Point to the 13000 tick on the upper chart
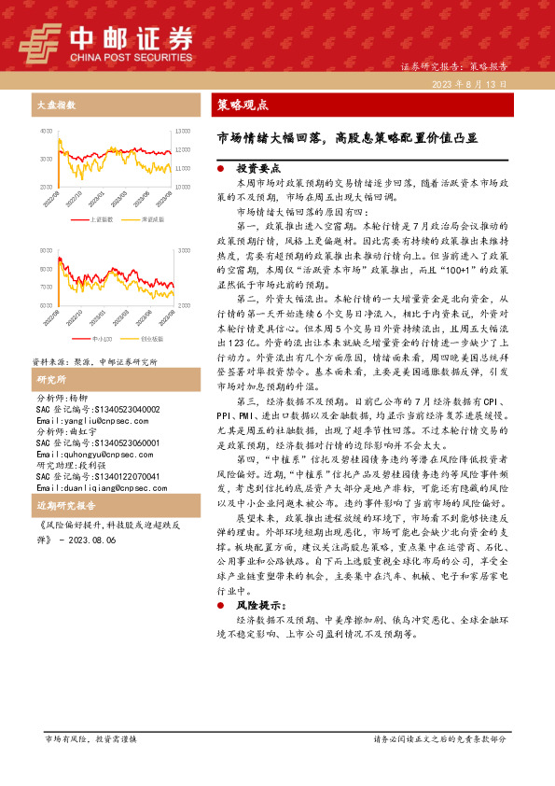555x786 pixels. click(183, 132)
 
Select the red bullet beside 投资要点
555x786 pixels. click(219, 169)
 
